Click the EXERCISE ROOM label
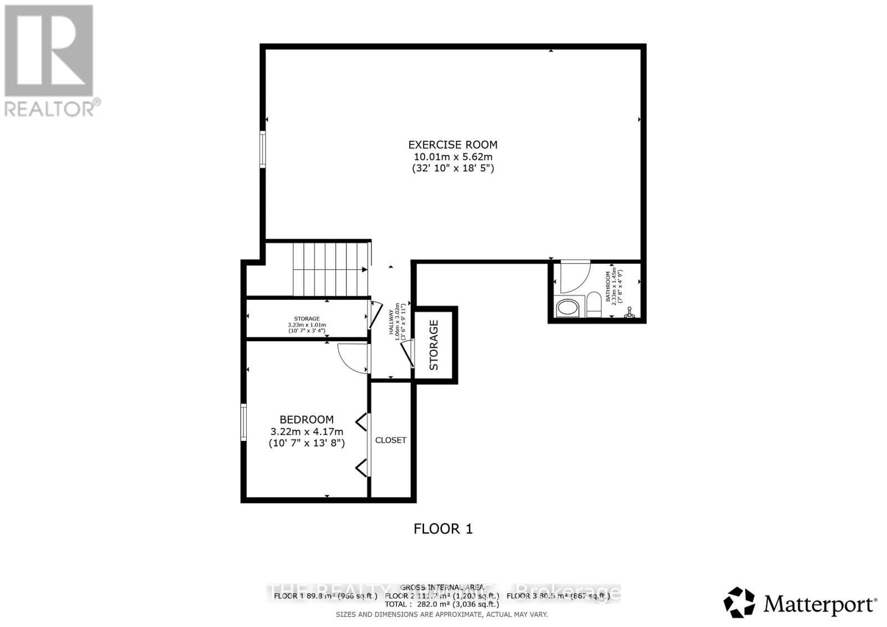[452, 145]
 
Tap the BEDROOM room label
[306, 420]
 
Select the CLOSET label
[391, 440]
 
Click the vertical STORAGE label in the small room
[434, 345]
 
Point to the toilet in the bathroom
[594, 305]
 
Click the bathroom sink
[567, 308]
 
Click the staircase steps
[330, 269]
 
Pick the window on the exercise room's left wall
[263, 148]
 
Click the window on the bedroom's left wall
[243, 422]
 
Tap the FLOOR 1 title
[443, 529]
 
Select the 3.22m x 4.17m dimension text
[307, 431]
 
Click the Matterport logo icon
[739, 602]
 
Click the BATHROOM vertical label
[608, 286]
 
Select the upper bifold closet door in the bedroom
[362, 423]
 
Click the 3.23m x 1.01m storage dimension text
[307, 325]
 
